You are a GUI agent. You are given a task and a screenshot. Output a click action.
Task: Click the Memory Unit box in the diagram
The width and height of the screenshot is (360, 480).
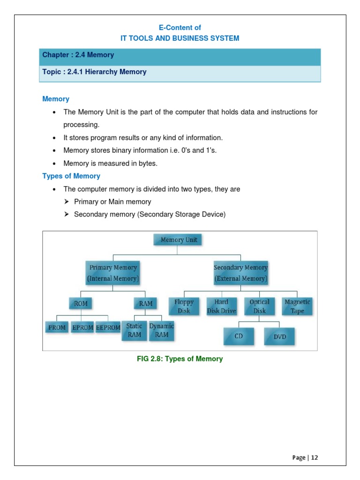coord(179,240)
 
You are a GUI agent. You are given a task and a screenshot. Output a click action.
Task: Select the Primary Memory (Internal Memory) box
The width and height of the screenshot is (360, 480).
coord(113,273)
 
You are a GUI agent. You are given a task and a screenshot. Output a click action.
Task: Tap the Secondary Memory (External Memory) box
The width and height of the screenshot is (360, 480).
coord(240,273)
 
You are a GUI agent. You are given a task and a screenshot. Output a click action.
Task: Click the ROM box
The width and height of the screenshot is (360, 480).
coord(81,304)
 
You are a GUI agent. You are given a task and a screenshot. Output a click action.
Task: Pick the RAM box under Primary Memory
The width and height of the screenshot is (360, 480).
coord(146,304)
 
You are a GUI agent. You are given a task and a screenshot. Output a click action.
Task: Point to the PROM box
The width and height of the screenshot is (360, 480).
coord(57,328)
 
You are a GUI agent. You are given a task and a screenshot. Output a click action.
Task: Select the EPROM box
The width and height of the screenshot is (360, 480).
coord(83,328)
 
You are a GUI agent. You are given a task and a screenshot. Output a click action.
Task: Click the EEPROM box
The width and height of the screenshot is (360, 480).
coord(108,328)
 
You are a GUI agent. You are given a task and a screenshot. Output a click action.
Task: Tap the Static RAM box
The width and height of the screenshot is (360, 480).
coord(134,330)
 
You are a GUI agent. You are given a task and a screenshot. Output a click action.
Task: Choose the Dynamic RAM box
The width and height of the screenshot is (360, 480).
coord(162,330)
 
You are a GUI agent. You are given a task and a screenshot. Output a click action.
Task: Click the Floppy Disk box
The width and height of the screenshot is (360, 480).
coord(184,307)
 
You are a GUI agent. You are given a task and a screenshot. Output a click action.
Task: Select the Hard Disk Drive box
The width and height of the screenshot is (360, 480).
coord(222,307)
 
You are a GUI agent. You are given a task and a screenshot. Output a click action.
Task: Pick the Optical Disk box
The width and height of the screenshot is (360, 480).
coord(259,307)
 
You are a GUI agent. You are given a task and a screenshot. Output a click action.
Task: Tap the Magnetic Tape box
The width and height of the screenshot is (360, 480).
coord(297,307)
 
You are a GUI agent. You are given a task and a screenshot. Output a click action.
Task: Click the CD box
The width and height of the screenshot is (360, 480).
coord(239,337)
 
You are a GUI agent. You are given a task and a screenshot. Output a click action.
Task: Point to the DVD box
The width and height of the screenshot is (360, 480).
coord(279,337)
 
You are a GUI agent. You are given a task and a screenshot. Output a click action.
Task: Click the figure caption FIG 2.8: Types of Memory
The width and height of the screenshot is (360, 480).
coord(180,359)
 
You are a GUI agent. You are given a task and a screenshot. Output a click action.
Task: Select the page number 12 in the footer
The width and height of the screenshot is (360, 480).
coord(314,457)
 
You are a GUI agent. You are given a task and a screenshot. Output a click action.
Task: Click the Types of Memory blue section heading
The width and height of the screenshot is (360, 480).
coord(71,176)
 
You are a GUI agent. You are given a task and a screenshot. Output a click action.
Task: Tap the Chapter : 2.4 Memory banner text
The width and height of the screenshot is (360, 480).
coord(78,55)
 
